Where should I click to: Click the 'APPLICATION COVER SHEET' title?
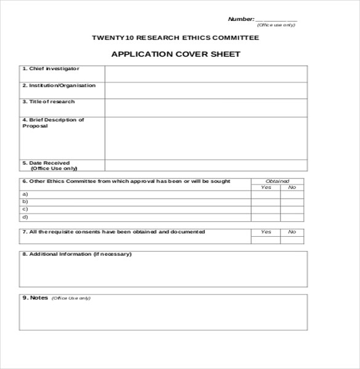pyautogui.click(x=175, y=54)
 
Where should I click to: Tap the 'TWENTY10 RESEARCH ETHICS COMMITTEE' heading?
pyautogui.click(x=175, y=38)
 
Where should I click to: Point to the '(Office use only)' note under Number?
pyautogui.click(x=276, y=25)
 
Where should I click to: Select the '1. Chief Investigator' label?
pyautogui.click(x=51, y=69)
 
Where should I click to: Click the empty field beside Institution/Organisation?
pyautogui.click(x=206, y=90)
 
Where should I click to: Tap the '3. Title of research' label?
pyautogui.click(x=49, y=102)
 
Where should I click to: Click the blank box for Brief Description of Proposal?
pyautogui.click(x=206, y=138)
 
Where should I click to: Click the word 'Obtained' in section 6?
pyautogui.click(x=277, y=181)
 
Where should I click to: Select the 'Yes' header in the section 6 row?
pyautogui.click(x=266, y=187)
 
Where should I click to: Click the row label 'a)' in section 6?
pyautogui.click(x=25, y=194)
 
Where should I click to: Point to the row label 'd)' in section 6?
pyautogui.click(x=25, y=217)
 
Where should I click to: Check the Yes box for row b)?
pyautogui.click(x=266, y=202)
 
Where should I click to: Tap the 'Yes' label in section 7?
pyautogui.click(x=266, y=232)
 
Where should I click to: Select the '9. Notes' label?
pyautogui.click(x=35, y=298)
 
